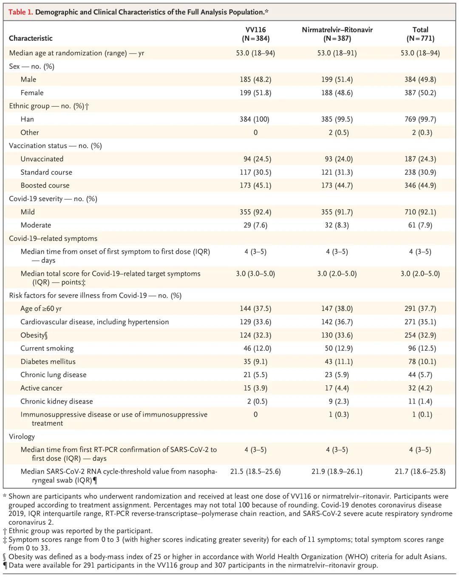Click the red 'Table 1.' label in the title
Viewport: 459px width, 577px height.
click(20, 12)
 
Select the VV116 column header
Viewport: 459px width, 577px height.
click(255, 34)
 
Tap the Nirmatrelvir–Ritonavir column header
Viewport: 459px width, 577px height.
click(337, 34)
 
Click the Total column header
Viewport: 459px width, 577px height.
click(420, 34)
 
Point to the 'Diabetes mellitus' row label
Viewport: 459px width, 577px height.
click(48, 361)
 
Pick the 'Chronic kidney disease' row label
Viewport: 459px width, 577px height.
click(57, 401)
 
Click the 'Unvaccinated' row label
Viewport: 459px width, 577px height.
click(42, 159)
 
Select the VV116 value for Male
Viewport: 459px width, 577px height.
click(255, 80)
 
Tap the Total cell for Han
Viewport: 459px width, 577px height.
click(420, 119)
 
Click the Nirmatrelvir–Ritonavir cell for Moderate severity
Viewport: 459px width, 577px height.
click(337, 225)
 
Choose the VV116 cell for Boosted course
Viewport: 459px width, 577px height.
click(255, 185)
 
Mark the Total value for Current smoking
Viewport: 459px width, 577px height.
click(420, 348)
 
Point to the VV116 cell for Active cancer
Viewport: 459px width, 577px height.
click(255, 388)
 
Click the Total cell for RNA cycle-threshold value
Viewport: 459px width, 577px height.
click(420, 472)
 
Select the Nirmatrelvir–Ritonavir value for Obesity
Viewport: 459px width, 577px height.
click(337, 335)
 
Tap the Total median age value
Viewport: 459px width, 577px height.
click(420, 53)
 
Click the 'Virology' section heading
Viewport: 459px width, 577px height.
click(22, 437)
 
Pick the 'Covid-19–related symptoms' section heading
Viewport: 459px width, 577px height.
click(53, 239)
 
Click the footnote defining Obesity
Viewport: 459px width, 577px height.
click(225, 557)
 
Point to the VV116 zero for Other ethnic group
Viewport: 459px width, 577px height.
click(255, 133)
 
